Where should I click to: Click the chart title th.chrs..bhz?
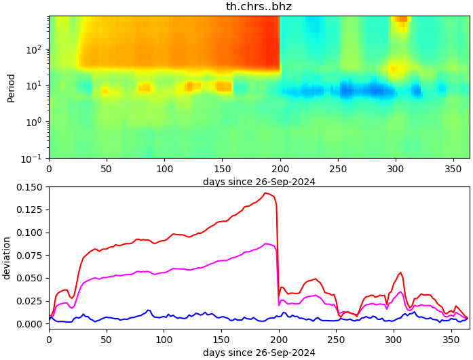click(x=259, y=7)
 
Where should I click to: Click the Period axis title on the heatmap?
click(x=11, y=87)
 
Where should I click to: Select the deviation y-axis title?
click(x=7, y=258)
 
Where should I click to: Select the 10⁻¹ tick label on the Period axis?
click(x=35, y=158)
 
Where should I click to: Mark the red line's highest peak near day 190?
click(x=266, y=193)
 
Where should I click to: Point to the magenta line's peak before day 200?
click(x=266, y=243)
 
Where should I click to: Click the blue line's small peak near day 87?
click(x=149, y=311)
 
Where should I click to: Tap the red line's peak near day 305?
click(x=400, y=273)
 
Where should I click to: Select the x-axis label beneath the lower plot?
click(x=259, y=353)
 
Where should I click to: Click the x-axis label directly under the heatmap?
click(x=259, y=182)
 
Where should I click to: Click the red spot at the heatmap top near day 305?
click(x=400, y=19)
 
